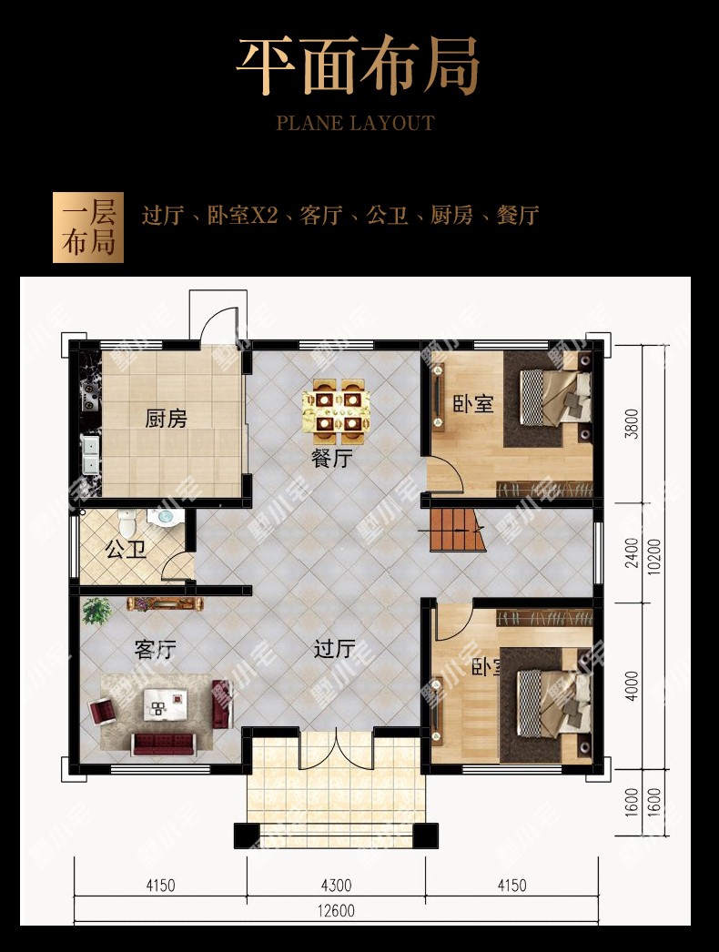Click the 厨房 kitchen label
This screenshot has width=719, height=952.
[x=166, y=419]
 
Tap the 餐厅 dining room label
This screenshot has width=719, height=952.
[x=331, y=458]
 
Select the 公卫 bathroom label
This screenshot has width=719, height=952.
[x=126, y=549]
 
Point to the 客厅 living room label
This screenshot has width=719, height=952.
[x=156, y=650]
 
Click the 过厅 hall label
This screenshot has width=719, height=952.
[x=334, y=648]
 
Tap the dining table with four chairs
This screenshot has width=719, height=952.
[x=336, y=406]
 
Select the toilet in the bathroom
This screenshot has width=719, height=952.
[x=127, y=522]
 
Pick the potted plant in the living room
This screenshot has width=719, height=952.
[x=96, y=610]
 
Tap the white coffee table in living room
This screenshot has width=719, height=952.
[x=165, y=704]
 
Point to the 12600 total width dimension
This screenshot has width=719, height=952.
[x=336, y=911]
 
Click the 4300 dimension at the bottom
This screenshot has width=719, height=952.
[x=336, y=886]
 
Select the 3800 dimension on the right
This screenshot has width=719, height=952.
[x=632, y=424]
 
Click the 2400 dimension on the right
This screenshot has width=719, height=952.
[x=632, y=553]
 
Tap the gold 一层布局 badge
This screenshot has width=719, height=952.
[x=88, y=228]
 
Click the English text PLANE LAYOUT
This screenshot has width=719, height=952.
[x=355, y=123]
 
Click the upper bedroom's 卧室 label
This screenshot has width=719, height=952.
[x=473, y=404]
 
